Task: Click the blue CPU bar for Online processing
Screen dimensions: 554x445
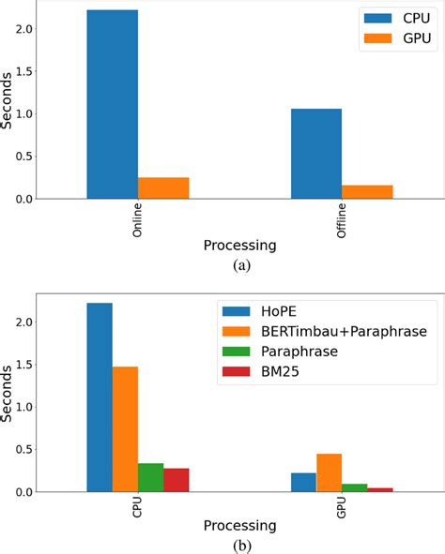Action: pos(112,104)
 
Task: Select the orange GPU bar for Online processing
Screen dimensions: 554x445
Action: pos(163,188)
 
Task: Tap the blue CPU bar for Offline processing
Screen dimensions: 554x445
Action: pos(316,154)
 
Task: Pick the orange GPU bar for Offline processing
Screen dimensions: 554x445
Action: pos(367,192)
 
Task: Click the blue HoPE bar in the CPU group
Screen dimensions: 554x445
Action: pos(100,397)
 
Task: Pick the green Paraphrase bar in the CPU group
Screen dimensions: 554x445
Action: pos(150,477)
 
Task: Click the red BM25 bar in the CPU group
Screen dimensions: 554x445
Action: pos(176,480)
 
